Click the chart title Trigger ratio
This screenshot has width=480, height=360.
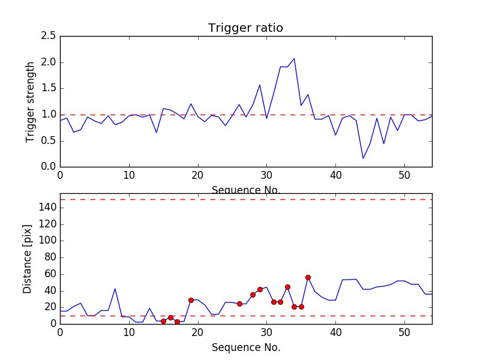[x=245, y=28]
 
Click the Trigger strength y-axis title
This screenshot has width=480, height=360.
[x=31, y=101]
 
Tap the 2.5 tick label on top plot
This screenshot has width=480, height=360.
[x=48, y=36]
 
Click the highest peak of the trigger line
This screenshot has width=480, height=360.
[x=294, y=58]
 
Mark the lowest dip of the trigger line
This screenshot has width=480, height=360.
[x=363, y=158]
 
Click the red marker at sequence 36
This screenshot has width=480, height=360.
[x=308, y=277]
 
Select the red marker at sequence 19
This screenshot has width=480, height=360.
[x=191, y=300]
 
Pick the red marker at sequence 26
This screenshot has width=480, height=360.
[x=239, y=304]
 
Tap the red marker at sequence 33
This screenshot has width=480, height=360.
[x=287, y=287]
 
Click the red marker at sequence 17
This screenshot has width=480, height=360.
[x=177, y=322]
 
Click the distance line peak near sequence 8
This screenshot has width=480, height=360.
[x=115, y=289]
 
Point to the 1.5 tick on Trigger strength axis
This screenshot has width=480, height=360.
[x=48, y=88]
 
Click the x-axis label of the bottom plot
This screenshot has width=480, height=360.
[x=245, y=347]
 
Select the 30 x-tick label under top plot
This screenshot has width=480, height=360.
[x=266, y=175]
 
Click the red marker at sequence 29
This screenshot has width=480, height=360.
[x=260, y=289]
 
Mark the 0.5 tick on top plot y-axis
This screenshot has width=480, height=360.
[x=48, y=140]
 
